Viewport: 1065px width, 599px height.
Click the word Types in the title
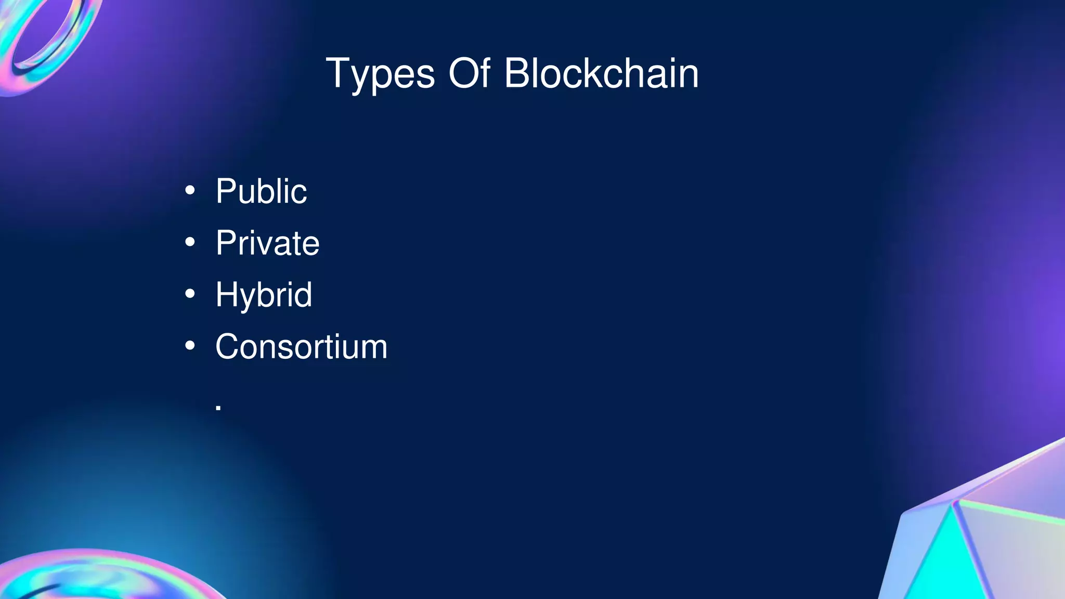(x=380, y=74)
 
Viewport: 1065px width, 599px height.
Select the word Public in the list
(x=261, y=191)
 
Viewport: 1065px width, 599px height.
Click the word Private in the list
(x=267, y=243)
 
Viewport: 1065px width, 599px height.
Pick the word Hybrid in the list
(x=264, y=295)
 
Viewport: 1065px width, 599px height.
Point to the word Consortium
(x=301, y=346)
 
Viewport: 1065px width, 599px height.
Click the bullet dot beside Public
(x=190, y=190)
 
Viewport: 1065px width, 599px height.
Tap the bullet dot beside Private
(x=190, y=242)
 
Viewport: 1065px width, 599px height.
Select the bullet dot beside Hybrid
(x=190, y=294)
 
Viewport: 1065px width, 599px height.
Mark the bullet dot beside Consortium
(x=190, y=345)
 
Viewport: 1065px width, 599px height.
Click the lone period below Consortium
(x=218, y=408)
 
